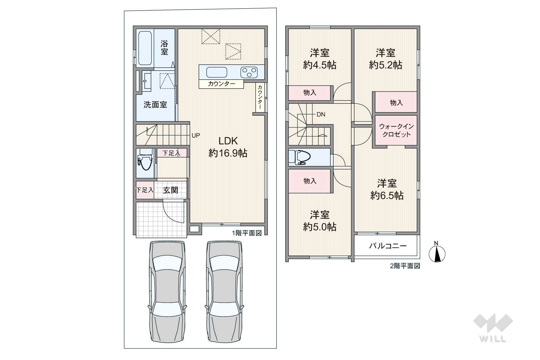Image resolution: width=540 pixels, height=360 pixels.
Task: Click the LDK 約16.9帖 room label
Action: pyautogui.click(x=228, y=147)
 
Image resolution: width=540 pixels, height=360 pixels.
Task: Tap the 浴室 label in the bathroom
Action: pyautogui.click(x=164, y=48)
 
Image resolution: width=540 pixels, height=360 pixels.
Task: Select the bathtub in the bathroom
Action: pyautogui.click(x=145, y=48)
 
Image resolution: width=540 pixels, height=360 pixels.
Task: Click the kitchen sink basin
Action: pyautogui.click(x=216, y=72)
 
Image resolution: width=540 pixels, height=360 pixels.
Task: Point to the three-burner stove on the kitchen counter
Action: pyautogui.click(x=249, y=72)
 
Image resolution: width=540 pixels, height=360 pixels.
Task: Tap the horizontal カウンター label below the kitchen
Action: pyautogui.click(x=221, y=84)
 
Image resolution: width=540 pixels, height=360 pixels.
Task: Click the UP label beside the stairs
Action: pyautogui.click(x=196, y=135)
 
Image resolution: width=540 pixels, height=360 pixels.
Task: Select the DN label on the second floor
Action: pyautogui.click(x=321, y=115)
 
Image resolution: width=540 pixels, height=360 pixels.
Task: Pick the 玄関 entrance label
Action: pyautogui.click(x=170, y=190)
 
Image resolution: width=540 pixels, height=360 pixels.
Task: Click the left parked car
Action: pyautogui.click(x=167, y=291)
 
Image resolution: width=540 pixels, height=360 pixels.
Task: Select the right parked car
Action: pyautogui.click(x=224, y=291)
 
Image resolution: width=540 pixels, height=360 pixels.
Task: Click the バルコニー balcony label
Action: pyautogui.click(x=388, y=246)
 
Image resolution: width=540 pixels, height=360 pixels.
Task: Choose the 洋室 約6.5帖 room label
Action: pyautogui.click(x=387, y=189)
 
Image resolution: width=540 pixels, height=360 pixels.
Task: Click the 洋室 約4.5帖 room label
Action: pyautogui.click(x=320, y=59)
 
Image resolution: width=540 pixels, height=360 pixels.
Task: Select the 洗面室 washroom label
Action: pyautogui.click(x=155, y=105)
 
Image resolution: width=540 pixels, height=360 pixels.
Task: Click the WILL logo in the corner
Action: pyautogui.click(x=493, y=328)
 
